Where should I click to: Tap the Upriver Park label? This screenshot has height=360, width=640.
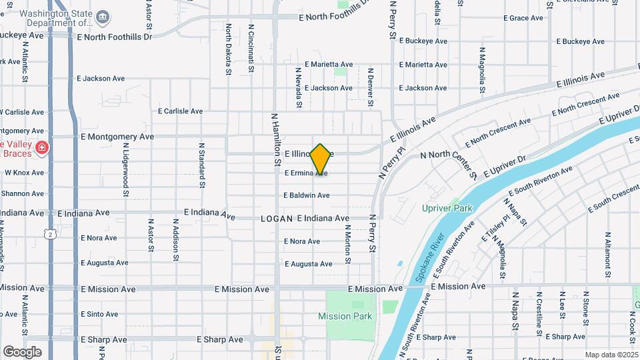[447, 208]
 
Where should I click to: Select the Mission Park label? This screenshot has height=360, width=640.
[345, 316]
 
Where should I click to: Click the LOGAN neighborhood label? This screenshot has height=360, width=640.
[277, 218]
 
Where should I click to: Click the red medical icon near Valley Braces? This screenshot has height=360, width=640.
[41, 147]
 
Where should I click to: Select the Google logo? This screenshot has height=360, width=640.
[22, 351]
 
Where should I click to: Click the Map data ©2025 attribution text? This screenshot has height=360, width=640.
[611, 355]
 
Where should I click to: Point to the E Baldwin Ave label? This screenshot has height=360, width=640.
[306, 195]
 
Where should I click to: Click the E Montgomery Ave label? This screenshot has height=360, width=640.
[117, 136]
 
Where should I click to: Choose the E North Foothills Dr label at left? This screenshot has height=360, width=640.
[114, 36]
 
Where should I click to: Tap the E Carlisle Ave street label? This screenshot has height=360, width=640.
[180, 111]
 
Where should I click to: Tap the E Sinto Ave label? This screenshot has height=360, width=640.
[99, 314]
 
